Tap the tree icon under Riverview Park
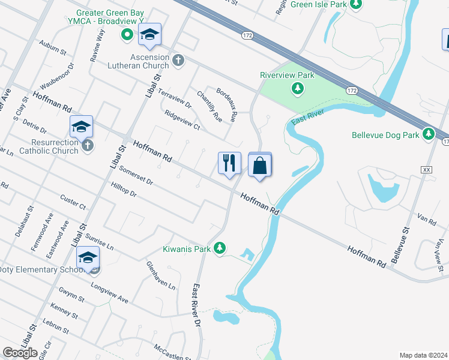297,89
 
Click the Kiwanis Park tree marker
220,247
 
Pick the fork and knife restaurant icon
229,163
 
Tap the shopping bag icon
260,165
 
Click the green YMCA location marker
127,34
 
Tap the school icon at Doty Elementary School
88,258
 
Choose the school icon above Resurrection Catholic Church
81,127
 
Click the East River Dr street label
196,305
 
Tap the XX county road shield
427,170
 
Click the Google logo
20,352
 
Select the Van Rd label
428,221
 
